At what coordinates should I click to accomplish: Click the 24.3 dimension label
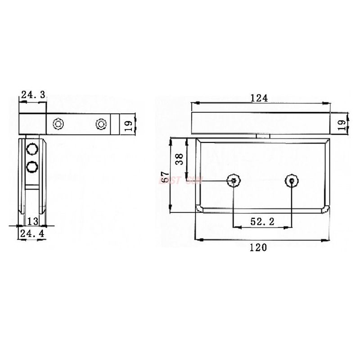pos(33,94)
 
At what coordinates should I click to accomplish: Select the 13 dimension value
pos(32,220)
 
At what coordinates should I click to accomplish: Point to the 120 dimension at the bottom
pos(260,247)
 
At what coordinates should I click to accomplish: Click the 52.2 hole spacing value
pos(262,221)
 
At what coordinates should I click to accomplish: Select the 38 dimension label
pos(179,158)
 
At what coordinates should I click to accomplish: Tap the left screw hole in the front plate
pos(233,181)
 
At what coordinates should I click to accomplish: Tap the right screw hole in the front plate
pos(292,181)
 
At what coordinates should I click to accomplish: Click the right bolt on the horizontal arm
pos(101,123)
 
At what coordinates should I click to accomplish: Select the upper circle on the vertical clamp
pos(31,149)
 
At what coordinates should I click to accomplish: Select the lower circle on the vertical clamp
pos(31,167)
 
